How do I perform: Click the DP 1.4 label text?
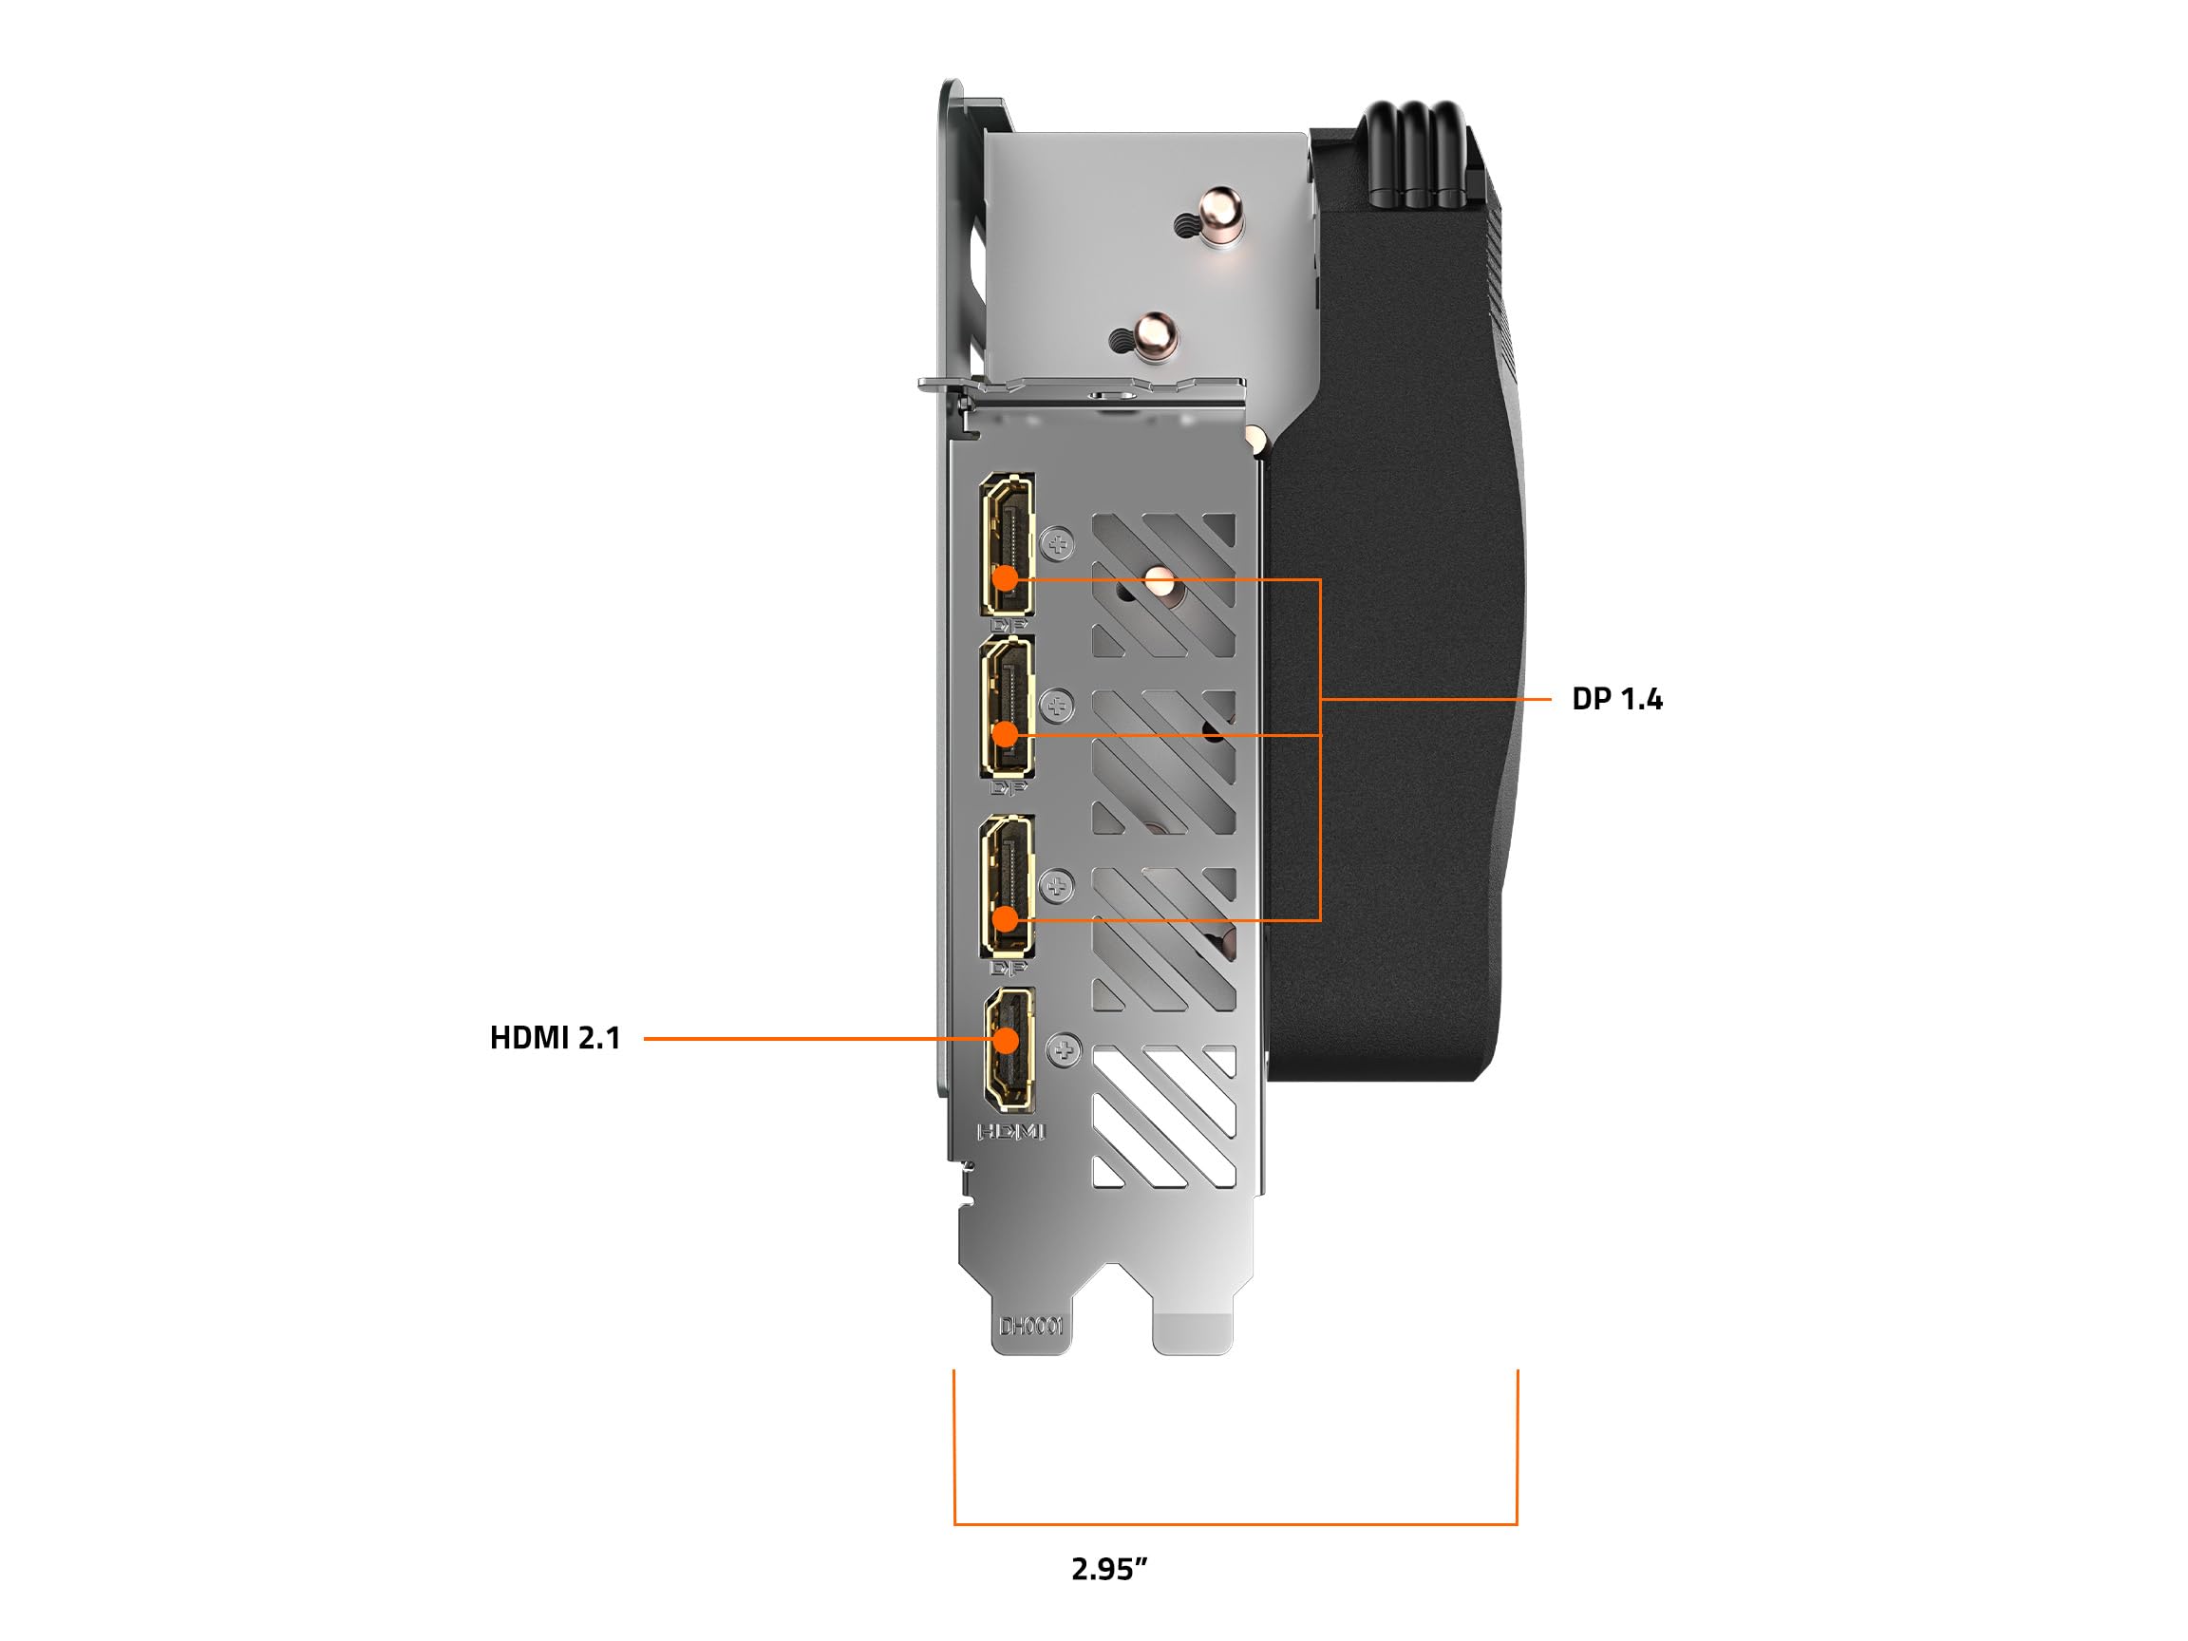[x=1617, y=699]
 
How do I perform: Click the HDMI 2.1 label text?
[x=555, y=1038]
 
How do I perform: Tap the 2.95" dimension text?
[x=1109, y=1569]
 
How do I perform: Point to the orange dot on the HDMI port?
[x=1007, y=1040]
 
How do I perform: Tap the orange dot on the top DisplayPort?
[x=1005, y=577]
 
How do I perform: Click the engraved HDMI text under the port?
[x=1009, y=1131]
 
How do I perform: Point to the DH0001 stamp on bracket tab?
[x=1031, y=1325]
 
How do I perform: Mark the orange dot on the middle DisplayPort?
[x=1005, y=734]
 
